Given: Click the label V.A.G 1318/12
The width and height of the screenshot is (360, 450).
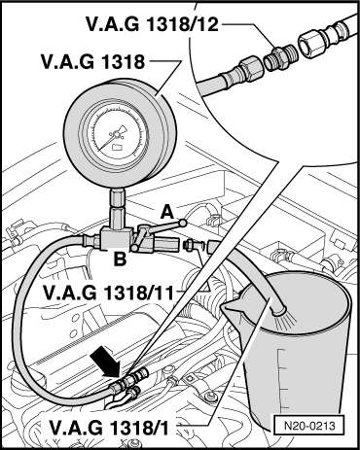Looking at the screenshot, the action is [x=152, y=24].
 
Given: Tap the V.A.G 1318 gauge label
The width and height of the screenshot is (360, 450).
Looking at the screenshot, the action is [x=92, y=61].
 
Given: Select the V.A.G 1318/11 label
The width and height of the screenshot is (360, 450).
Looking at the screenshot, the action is [x=108, y=293].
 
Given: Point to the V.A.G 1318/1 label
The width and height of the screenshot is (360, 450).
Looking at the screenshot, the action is [x=109, y=428].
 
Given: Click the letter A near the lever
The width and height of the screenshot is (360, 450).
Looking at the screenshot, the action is [x=167, y=213].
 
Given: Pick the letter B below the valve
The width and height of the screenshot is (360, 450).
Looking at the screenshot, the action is [x=120, y=259].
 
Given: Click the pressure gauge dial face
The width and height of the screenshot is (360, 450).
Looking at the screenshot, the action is [x=118, y=133].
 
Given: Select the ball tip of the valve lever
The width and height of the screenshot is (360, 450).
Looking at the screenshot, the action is [x=183, y=223].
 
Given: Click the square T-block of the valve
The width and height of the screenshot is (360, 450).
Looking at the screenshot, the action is [x=116, y=238].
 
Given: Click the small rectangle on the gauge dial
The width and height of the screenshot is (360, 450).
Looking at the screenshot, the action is [x=117, y=147].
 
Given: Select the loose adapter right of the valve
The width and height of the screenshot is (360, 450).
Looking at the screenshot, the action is [x=190, y=245].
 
